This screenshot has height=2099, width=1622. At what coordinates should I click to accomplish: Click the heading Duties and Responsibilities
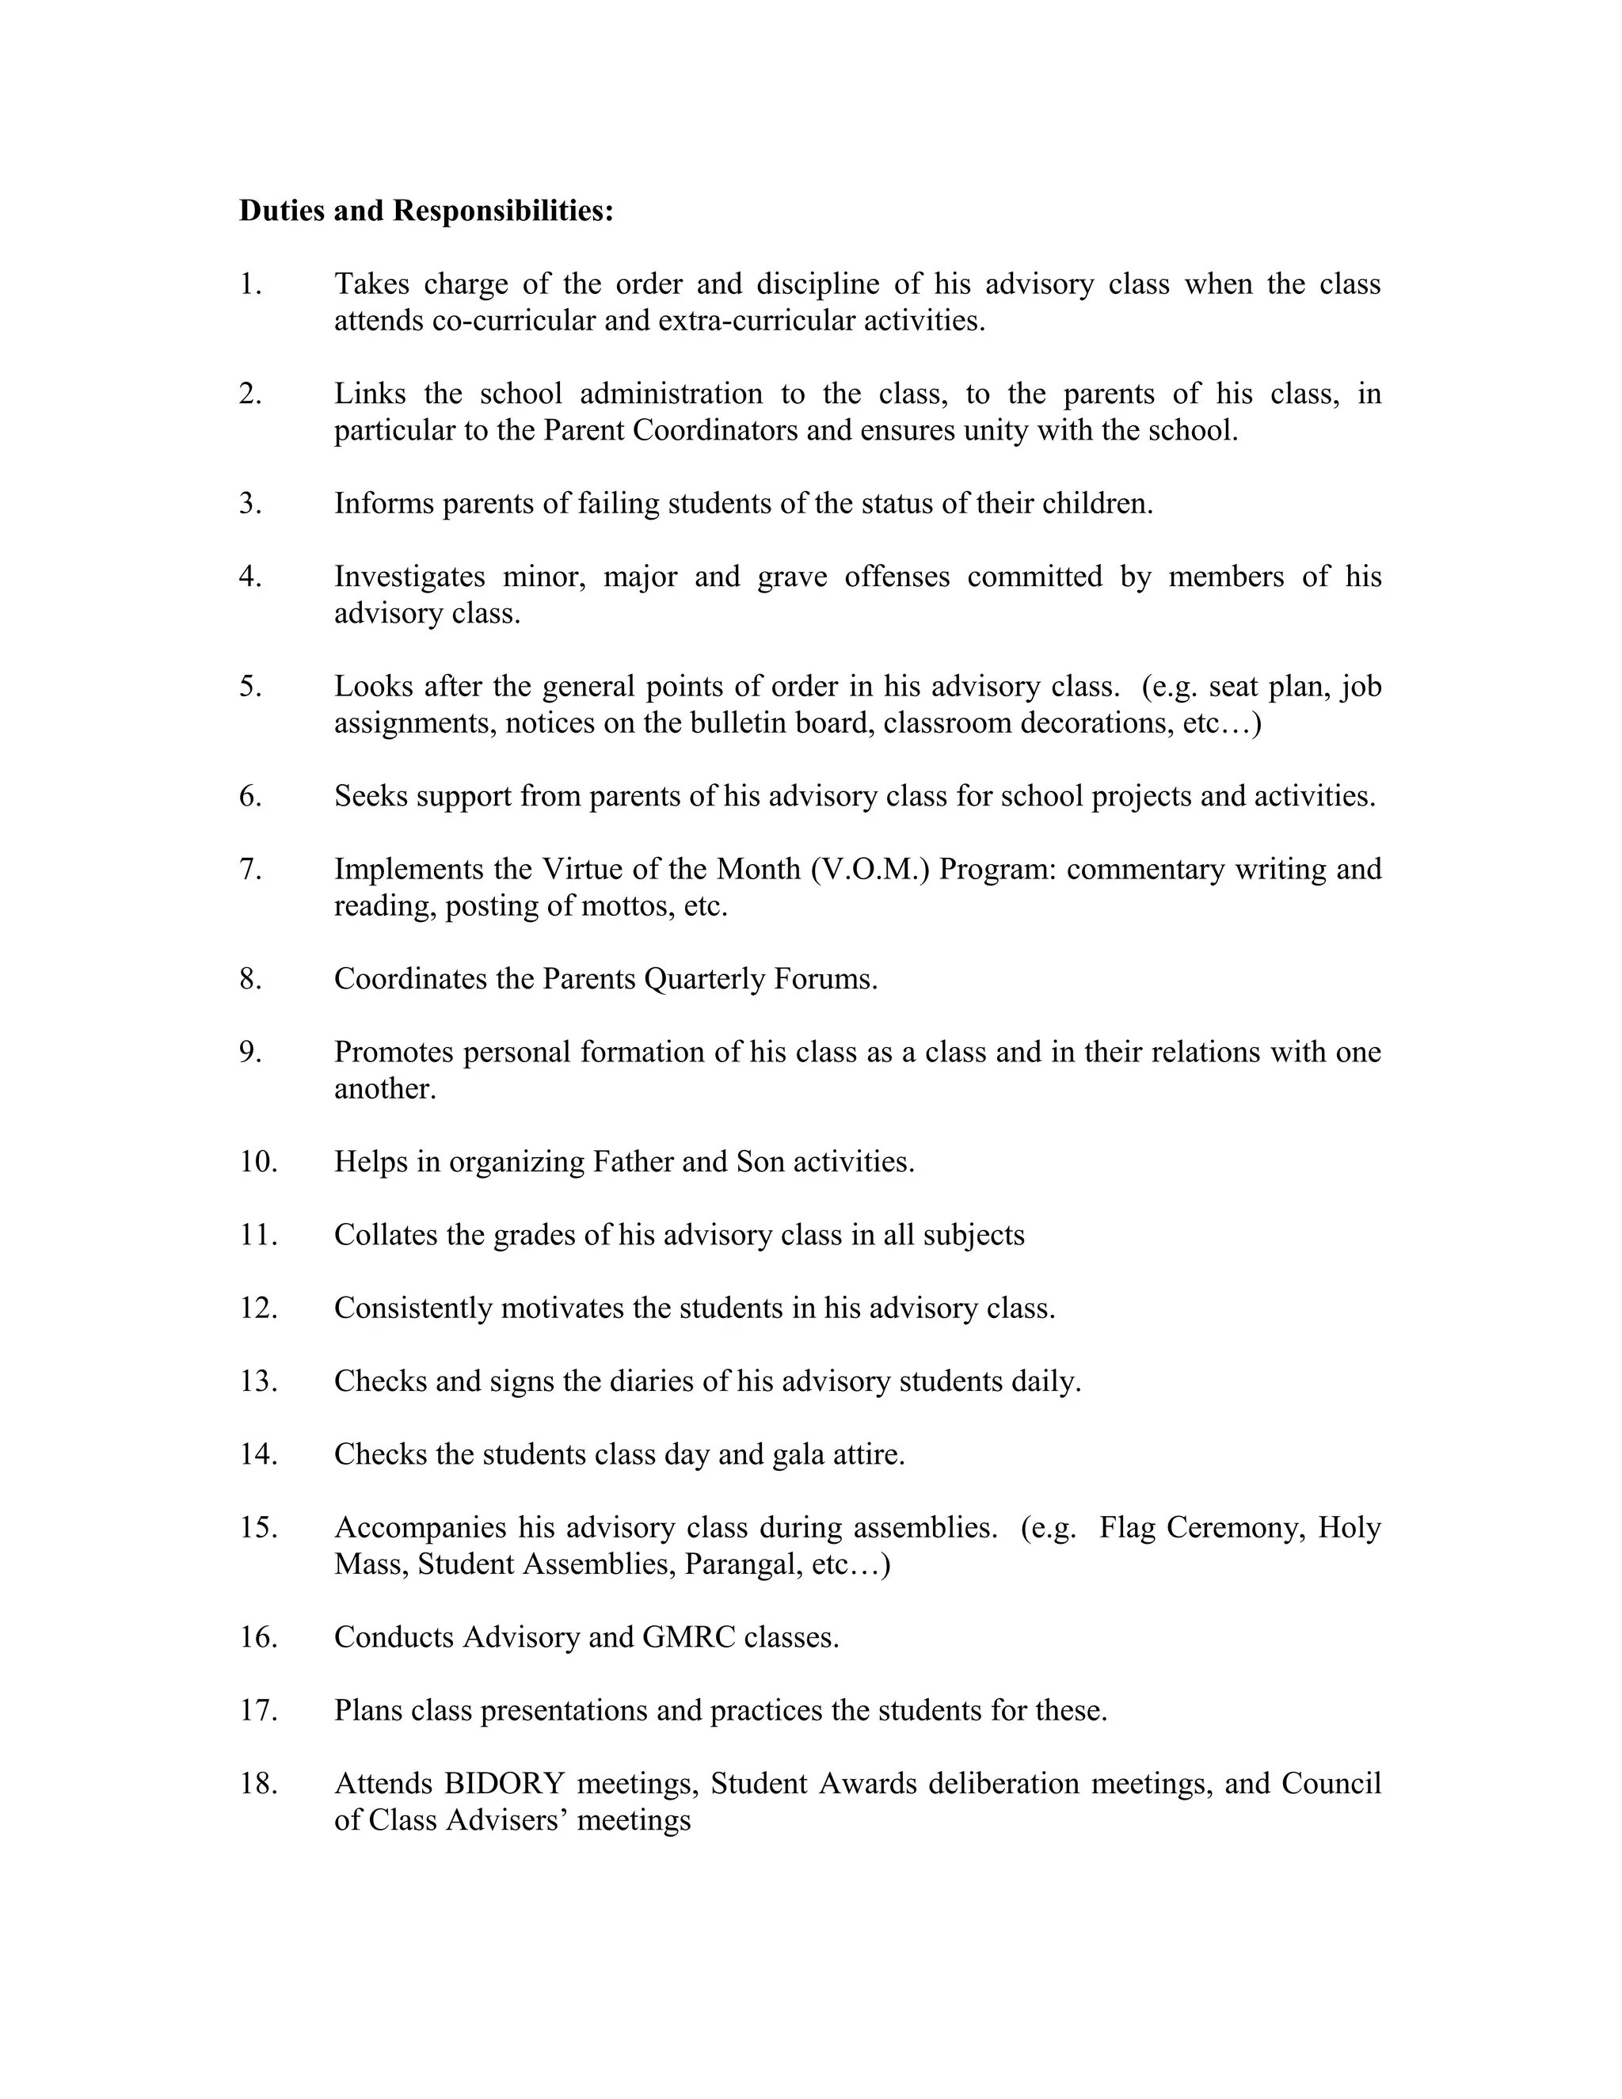(425, 211)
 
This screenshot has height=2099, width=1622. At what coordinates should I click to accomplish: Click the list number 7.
(249, 869)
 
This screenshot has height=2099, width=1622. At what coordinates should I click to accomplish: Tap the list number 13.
(257, 1381)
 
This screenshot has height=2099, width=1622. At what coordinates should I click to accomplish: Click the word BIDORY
(504, 1784)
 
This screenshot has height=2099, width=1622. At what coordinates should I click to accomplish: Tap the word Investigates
(409, 576)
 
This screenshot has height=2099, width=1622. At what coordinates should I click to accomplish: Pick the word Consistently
(413, 1308)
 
